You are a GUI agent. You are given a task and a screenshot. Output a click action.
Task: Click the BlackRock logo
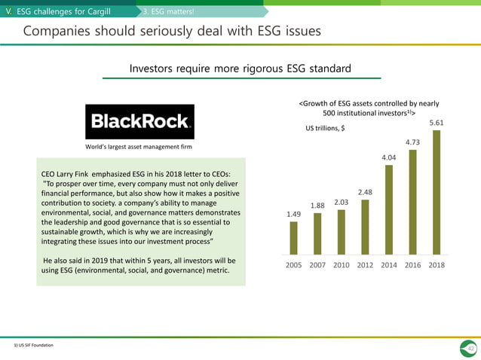point(139,121)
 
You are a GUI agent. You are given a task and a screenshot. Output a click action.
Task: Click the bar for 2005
point(293,238)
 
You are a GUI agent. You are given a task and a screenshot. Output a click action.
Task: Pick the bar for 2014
point(388,210)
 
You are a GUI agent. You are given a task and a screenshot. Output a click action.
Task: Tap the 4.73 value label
point(412,141)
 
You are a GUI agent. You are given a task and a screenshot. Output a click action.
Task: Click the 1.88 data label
point(317,204)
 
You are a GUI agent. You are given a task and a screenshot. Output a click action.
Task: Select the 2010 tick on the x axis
point(341,265)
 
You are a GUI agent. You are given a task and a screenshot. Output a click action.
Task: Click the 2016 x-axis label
point(412,265)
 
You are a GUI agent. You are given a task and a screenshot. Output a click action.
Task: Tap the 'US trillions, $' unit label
point(325,129)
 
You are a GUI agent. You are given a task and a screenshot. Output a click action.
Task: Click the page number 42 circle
point(470,347)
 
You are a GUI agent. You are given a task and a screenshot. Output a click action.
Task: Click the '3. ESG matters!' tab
point(169,11)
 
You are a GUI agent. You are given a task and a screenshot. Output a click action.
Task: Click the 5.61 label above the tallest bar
point(437,122)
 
